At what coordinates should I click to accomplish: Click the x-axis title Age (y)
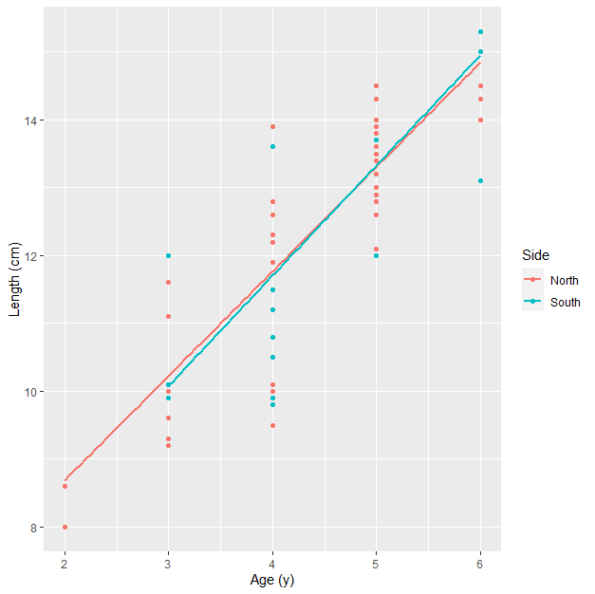272,579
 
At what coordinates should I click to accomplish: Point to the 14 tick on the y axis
34,121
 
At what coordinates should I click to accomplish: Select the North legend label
565,280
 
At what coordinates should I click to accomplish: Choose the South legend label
565,303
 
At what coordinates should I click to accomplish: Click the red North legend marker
533,280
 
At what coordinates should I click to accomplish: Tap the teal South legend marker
533,303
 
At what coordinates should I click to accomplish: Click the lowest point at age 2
65,527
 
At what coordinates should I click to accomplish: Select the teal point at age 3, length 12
169,255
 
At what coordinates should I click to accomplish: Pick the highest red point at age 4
272,126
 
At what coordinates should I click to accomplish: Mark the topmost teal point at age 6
480,31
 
